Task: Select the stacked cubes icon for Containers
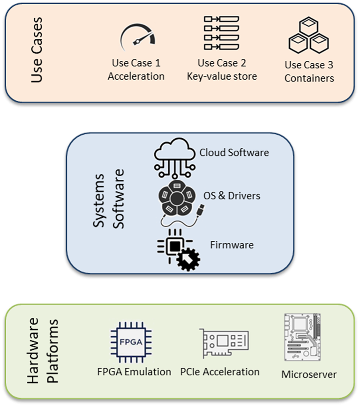(308, 36)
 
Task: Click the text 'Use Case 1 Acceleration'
(136, 70)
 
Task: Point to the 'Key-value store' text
(222, 76)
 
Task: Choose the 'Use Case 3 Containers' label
(309, 72)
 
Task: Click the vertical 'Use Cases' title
(37, 51)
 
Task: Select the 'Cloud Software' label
(234, 153)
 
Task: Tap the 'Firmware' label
(232, 245)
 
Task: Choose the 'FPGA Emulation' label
(134, 372)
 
